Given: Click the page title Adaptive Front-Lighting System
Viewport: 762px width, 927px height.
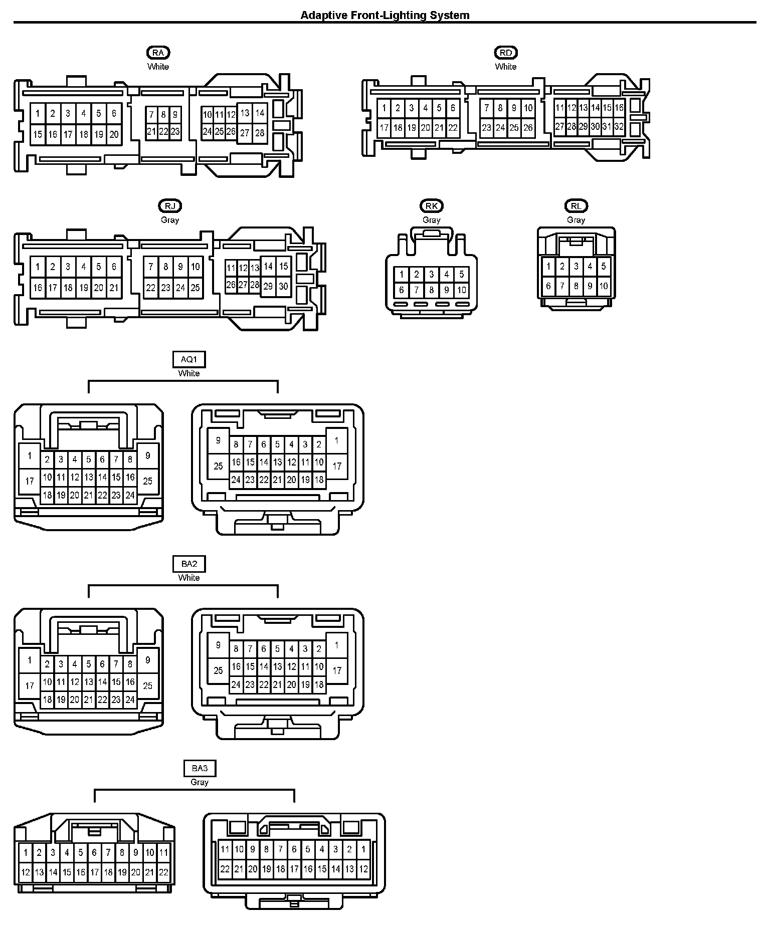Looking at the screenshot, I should point(385,15).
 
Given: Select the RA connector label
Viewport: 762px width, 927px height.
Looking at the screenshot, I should point(158,53).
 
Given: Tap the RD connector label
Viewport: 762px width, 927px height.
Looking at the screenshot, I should point(506,53).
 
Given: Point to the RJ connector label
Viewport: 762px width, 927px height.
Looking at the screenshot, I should point(170,206).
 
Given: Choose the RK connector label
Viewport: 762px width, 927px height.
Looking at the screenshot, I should point(431,206).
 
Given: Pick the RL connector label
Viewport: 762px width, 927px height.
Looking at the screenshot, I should point(576,206).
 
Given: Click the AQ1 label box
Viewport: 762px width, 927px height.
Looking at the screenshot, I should point(189,359).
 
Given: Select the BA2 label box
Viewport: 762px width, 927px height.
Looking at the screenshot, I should point(189,564).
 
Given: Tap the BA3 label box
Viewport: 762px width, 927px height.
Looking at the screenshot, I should point(200,768).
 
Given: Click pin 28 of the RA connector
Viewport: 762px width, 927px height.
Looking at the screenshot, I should point(260,133).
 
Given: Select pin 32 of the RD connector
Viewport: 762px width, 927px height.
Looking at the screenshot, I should point(619,127).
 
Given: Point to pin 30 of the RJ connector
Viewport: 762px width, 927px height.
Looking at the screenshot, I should point(283,286).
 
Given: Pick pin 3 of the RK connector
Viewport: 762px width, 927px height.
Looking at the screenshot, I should point(431,274).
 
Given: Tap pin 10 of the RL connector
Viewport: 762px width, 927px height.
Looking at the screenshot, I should point(604,286).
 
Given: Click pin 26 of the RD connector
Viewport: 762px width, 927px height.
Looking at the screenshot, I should point(528,128).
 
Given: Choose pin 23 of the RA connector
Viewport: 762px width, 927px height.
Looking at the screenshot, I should point(175,132).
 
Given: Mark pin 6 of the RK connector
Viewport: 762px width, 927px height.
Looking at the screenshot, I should point(401,290).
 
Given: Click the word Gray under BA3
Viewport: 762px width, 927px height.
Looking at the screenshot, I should point(200,782).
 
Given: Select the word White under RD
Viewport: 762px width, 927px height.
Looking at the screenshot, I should point(506,67).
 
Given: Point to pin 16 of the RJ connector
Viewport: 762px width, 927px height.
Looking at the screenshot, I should point(38,288).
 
